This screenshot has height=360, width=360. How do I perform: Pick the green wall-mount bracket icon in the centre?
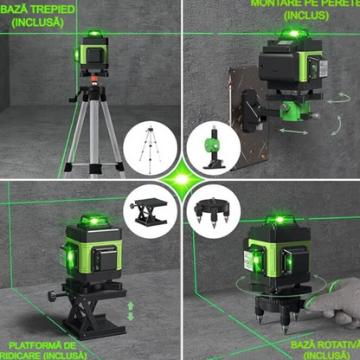[210, 146]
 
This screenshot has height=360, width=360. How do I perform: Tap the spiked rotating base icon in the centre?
[210, 213]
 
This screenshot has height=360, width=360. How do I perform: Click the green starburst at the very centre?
[179, 179]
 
